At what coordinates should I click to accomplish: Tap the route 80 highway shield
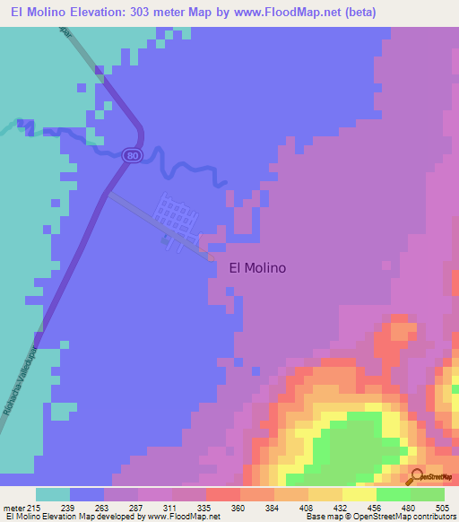(133, 155)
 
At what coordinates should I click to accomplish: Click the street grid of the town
(177, 215)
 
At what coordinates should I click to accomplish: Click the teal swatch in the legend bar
(53, 494)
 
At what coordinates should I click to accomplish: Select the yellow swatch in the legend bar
(359, 494)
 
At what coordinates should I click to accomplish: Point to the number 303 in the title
(161, 12)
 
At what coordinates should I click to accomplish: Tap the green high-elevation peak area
(359, 444)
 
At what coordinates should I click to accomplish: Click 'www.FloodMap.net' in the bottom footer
(184, 517)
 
